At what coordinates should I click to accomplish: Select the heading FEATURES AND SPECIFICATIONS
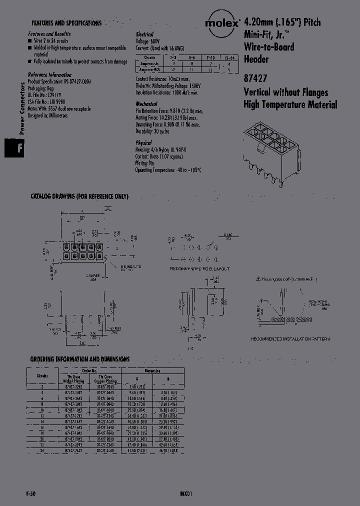point(66,23)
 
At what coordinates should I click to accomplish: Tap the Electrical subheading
point(144,35)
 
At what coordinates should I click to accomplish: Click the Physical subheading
point(143,143)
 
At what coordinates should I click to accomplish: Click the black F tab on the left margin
point(14,148)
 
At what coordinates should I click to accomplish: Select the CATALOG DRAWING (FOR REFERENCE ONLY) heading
point(79,196)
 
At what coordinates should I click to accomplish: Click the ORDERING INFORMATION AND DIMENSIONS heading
point(80,359)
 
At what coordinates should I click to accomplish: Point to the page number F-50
point(30,493)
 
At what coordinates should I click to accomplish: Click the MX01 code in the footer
point(186,493)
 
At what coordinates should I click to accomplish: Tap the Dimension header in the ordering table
point(152,371)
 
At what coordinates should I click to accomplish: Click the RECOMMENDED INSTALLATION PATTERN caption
point(290,339)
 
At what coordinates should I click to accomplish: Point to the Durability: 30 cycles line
point(152,131)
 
